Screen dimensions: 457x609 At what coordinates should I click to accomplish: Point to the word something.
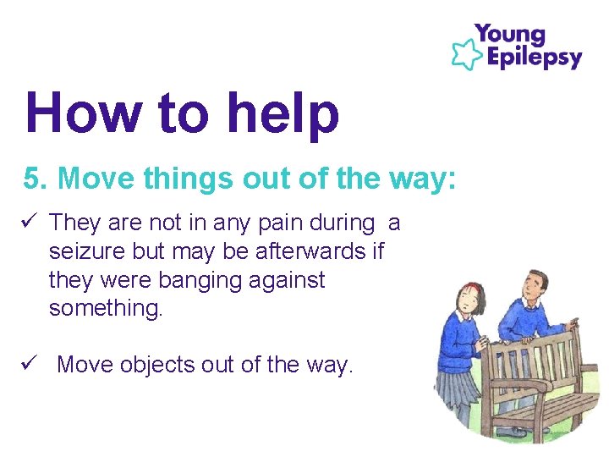coord(105,308)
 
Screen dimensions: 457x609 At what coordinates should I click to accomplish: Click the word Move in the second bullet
coord(85,365)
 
